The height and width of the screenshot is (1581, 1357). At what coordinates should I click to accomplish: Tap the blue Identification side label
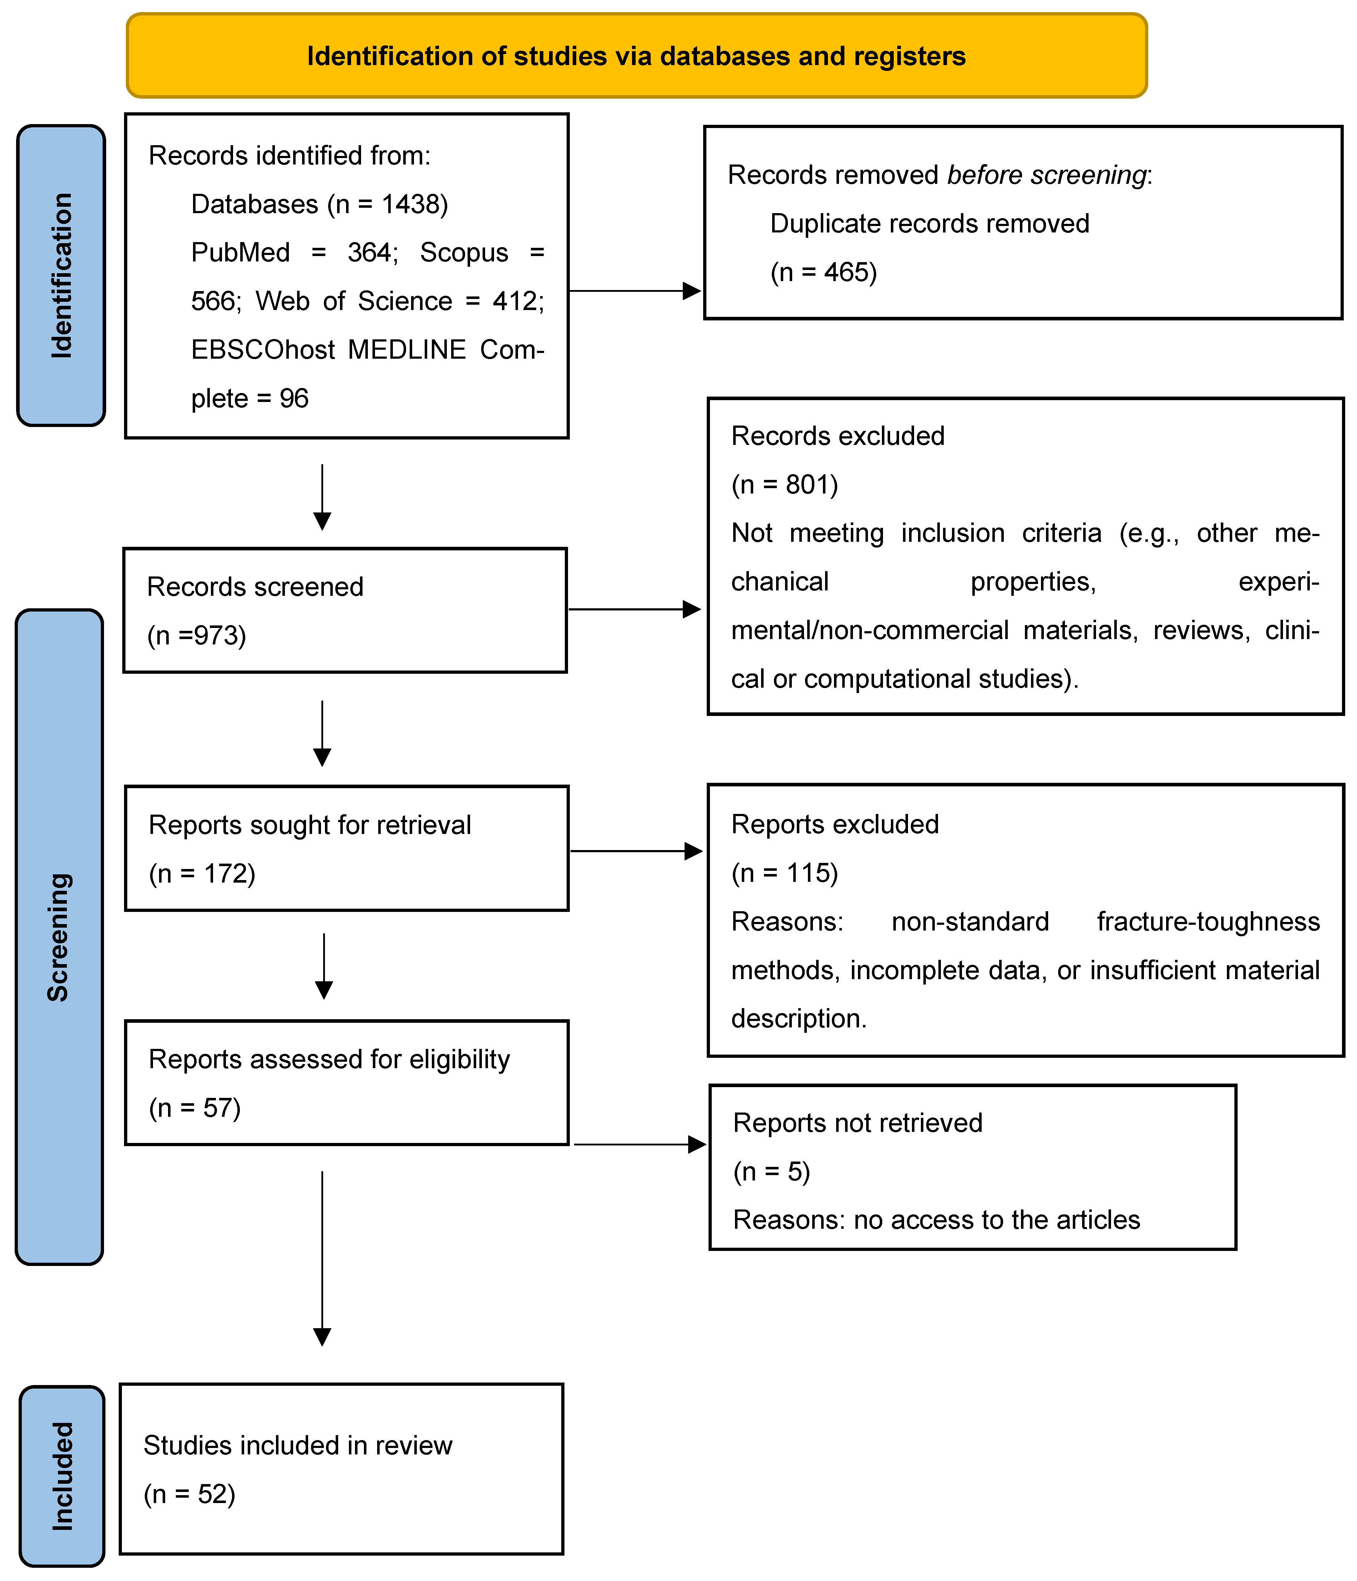tap(61, 275)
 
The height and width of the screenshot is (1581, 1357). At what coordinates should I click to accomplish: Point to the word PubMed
tap(240, 252)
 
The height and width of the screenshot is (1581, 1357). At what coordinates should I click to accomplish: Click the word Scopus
tap(464, 252)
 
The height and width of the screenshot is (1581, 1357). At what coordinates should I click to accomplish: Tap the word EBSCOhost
tap(262, 349)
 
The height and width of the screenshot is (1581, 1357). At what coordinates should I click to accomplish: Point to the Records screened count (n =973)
tap(197, 635)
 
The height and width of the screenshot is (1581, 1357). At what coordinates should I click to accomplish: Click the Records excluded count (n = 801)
tap(784, 485)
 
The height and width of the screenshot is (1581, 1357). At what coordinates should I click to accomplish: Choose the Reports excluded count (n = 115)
tap(784, 873)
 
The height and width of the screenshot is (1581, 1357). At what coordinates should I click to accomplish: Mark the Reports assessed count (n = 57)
tap(194, 1108)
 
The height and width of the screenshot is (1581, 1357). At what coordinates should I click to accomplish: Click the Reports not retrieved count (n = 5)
tap(771, 1171)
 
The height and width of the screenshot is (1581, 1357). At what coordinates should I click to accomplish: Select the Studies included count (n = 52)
tap(189, 1494)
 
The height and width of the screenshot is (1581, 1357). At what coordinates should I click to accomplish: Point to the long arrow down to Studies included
tap(323, 1259)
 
